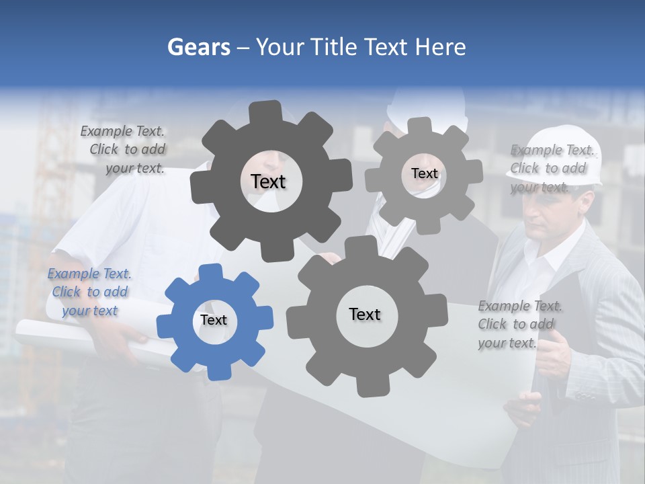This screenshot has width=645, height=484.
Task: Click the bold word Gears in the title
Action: click(198, 47)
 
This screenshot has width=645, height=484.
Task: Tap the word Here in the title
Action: click(440, 47)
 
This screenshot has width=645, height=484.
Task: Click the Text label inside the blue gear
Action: click(214, 320)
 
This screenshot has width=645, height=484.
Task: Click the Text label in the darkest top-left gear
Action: click(268, 182)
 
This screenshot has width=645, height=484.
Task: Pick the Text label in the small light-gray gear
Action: click(424, 173)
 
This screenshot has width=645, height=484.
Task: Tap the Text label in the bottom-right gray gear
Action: click(365, 314)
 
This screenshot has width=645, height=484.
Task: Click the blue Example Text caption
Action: click(89, 292)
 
